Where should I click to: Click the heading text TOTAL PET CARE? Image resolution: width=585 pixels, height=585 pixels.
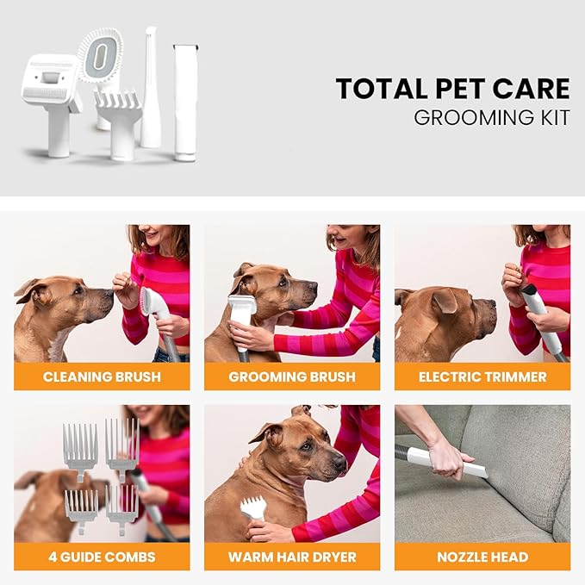452,89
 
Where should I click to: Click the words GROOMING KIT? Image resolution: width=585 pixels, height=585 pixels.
491,118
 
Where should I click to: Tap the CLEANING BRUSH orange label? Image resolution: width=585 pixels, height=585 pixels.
102,377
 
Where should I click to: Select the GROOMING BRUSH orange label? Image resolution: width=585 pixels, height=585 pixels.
292,377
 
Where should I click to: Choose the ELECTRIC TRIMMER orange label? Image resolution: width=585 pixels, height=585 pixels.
482,377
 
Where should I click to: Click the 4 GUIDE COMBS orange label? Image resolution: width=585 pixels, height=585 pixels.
102,557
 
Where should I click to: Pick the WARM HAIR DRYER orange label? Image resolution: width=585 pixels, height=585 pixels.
292,557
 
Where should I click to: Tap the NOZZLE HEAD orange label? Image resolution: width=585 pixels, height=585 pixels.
482,557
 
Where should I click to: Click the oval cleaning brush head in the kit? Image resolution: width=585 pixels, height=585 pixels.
101,53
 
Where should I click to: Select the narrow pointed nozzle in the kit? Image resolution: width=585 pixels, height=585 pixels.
151,86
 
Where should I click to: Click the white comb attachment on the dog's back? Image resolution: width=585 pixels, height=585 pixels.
252,508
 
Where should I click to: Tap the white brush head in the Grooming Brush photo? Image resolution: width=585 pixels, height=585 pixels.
242,313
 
